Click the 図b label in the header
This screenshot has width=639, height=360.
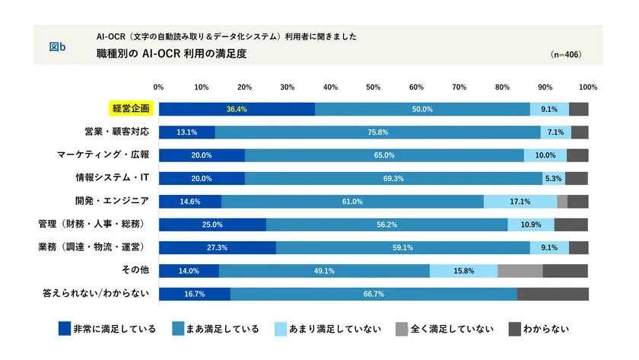(57, 47)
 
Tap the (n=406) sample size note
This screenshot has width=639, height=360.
(565, 56)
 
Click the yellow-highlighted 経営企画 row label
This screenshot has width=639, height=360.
(132, 109)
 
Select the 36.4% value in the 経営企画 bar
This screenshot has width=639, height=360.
(237, 109)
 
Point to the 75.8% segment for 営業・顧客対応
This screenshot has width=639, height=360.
(378, 132)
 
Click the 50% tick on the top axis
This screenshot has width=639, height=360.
(374, 87)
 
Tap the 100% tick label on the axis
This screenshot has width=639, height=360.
(587, 87)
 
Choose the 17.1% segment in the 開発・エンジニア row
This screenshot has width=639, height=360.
(520, 202)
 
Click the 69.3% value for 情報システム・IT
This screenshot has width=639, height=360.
(394, 178)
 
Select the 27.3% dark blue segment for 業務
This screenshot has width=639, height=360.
(217, 247)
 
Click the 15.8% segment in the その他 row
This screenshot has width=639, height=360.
(463, 270)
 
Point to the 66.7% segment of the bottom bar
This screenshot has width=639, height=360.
(374, 294)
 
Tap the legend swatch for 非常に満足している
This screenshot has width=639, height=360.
(65, 329)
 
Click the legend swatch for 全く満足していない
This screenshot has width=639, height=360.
(402, 329)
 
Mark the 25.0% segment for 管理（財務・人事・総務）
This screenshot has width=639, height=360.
(212, 225)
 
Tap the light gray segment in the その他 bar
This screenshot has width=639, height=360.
(520, 270)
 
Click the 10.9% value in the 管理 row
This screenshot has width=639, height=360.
(530, 225)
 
